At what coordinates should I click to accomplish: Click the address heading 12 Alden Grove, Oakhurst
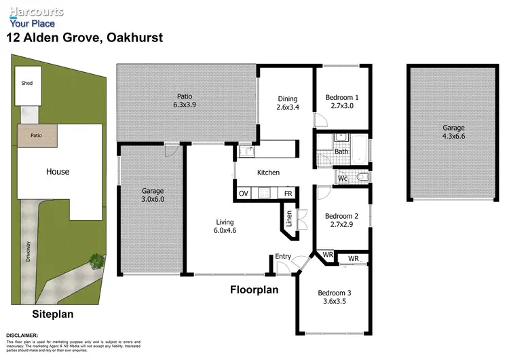[x=85, y=38]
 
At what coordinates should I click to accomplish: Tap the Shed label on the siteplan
[x=27, y=84]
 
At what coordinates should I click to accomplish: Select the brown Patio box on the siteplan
[x=37, y=135]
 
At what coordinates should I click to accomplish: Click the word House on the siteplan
[x=58, y=172]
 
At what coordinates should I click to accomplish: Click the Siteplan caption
[x=52, y=314]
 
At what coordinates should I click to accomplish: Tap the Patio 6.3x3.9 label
[x=185, y=101]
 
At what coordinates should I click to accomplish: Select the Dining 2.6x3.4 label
[x=286, y=103]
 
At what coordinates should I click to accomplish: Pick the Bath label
[x=341, y=151]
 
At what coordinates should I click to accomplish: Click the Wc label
[x=344, y=178]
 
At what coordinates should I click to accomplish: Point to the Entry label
[x=282, y=256]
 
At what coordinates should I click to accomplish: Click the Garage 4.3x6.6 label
[x=453, y=132]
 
